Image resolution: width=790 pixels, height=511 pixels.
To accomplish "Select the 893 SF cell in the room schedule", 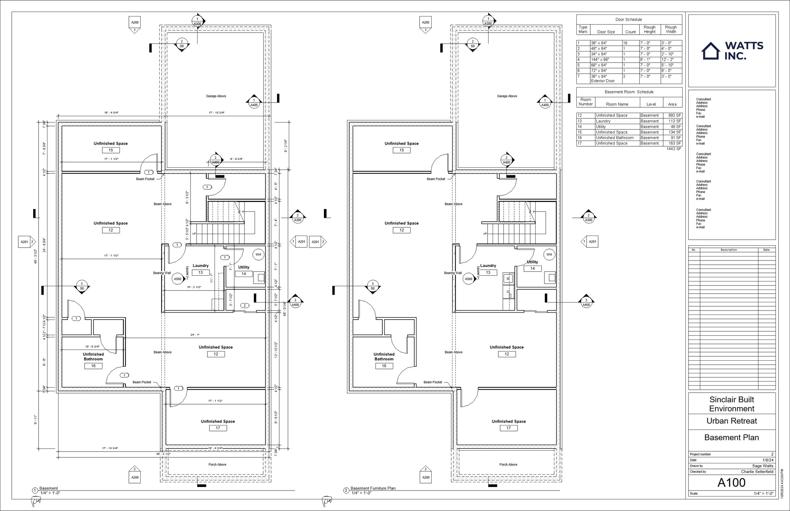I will coord(674,116).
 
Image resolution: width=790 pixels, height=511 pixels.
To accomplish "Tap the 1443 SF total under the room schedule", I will coord(673,149).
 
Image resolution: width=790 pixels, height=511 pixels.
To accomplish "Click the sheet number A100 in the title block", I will coord(731,483).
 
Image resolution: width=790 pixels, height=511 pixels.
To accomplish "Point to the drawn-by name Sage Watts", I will coord(763,466).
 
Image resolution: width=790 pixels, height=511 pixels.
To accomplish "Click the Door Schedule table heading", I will coord(628,20).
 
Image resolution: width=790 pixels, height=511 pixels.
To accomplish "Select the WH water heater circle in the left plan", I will coord(258,255).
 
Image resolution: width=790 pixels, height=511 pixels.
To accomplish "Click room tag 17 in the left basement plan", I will coord(218,428).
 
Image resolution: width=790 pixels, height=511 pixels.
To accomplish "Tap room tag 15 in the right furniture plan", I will coord(401,150).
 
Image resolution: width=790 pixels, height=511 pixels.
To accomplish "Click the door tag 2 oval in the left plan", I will coord(245,306).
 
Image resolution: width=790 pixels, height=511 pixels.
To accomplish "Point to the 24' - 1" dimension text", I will coord(195,335).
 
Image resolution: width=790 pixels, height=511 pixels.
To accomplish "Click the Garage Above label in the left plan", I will coord(216,96).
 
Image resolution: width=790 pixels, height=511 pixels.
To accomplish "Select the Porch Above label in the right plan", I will coord(508,465).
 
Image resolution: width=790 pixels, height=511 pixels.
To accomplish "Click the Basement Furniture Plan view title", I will coord(373,488).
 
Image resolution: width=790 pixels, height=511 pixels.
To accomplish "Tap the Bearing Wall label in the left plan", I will coord(162,273).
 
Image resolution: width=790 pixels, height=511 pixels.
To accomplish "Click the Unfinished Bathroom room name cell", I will coord(614,138).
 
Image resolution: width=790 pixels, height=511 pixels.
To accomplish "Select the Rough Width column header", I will coord(671,30).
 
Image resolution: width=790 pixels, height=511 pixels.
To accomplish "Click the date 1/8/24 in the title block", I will coord(768,460).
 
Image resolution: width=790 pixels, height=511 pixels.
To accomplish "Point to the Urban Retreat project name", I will coord(731,421).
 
